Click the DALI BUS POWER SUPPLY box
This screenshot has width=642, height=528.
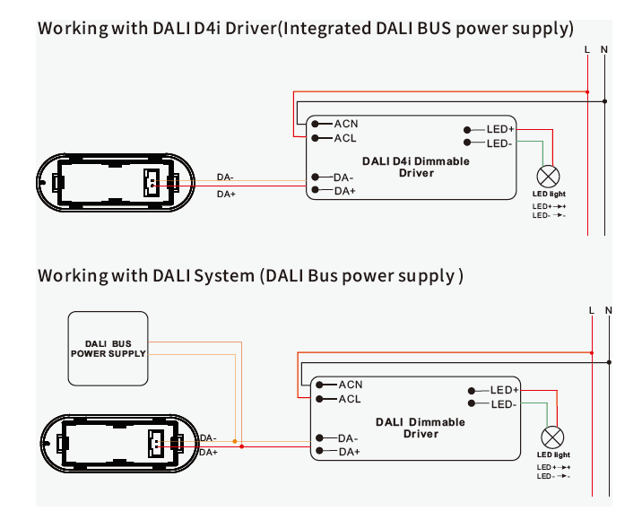[x=108, y=348]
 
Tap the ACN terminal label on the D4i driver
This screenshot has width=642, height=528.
[x=346, y=123]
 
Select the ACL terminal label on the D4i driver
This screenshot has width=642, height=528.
[x=346, y=138]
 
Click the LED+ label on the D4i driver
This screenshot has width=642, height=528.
[x=499, y=130]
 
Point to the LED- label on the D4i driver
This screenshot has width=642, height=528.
[x=499, y=143]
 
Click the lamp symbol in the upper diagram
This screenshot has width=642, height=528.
[x=548, y=176]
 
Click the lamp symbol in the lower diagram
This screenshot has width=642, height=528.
[x=553, y=437]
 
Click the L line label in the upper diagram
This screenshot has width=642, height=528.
[x=586, y=49]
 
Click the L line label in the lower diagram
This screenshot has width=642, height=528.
[x=592, y=311]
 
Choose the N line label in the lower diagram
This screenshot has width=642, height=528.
[x=609, y=311]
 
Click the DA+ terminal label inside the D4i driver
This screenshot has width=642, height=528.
[x=345, y=191]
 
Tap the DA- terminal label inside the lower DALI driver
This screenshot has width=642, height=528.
[x=349, y=438]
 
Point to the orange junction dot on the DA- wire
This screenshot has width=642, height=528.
[x=235, y=441]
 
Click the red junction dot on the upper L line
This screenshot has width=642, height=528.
[x=587, y=91]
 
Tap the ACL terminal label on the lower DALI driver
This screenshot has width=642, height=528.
[x=350, y=399]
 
